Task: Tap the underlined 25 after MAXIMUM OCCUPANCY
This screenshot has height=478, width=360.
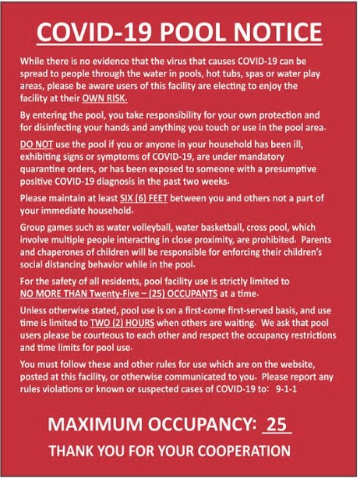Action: coord(277,425)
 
